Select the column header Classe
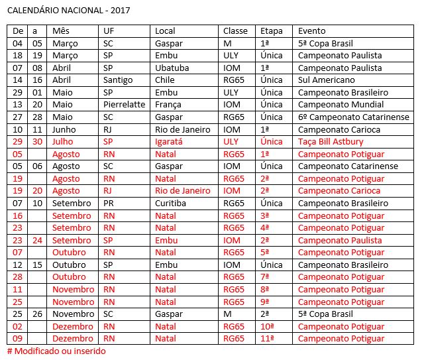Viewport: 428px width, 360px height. pos(235,31)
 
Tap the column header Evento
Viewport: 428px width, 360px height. pos(312,31)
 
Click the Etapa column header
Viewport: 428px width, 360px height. pos(272,31)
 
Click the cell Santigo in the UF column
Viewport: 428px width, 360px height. pos(119,80)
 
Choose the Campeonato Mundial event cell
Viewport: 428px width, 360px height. pos(341,105)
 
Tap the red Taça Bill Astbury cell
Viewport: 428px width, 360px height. pos(330,142)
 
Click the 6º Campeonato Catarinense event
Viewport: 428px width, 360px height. pos(353,117)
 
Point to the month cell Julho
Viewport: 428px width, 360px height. pos(64,142)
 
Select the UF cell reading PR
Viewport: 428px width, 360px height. pos(109,203)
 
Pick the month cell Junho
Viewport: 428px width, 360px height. pos(65,129)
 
